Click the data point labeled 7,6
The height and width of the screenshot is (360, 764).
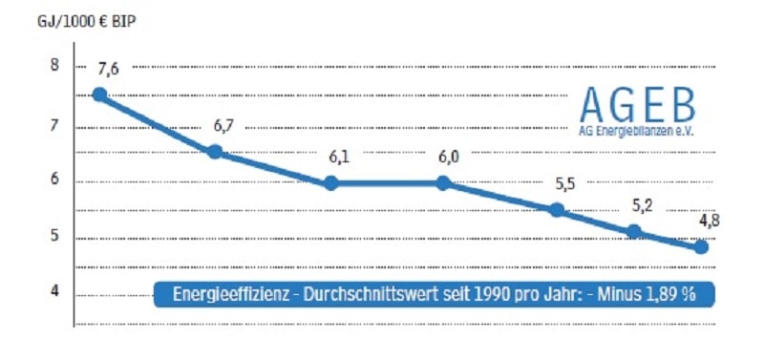click(99, 95)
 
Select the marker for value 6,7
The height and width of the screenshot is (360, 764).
click(215, 152)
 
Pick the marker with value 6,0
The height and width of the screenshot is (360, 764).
click(444, 182)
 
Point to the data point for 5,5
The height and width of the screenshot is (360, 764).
click(558, 210)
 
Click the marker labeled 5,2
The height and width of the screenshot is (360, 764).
click(633, 231)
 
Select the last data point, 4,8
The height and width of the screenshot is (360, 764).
click(702, 246)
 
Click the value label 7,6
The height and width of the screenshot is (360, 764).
click(108, 68)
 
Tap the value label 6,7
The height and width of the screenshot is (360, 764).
click(224, 126)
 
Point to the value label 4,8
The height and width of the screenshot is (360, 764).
click(710, 222)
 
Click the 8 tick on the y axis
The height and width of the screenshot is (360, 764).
click(54, 66)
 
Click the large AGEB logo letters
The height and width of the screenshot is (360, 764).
click(638, 103)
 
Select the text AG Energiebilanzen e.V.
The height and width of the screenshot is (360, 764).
click(637, 130)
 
